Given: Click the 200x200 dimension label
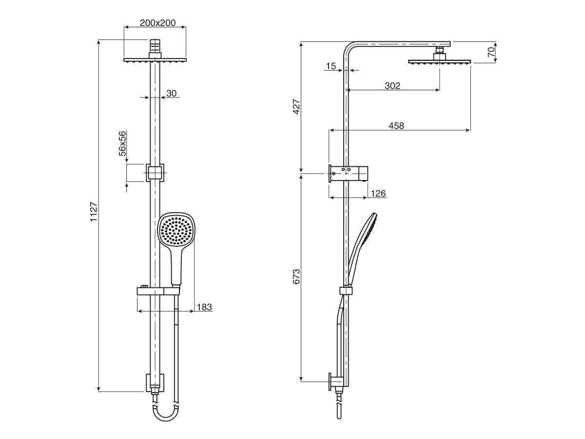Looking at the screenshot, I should (155, 22).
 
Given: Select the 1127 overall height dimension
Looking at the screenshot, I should (94, 213).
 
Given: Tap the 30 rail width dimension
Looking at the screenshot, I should (171, 93).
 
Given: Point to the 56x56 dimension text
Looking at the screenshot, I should (122, 143).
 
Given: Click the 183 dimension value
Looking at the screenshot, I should (204, 307).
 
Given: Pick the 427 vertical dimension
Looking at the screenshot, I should (296, 107).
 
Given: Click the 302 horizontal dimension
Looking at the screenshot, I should (392, 86).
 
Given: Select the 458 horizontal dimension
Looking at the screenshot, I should (396, 126).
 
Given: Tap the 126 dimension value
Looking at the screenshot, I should (378, 194).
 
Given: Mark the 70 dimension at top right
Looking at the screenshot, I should (491, 50).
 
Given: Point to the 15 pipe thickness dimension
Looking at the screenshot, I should (331, 66).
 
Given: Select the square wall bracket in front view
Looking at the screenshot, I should (155, 173).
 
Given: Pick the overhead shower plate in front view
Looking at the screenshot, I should (155, 60).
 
